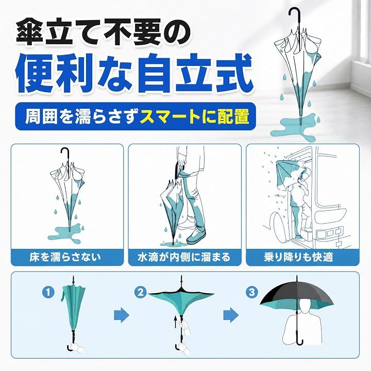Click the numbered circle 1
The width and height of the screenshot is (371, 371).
click(48, 293)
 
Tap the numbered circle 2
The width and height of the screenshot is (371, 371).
click(141, 293)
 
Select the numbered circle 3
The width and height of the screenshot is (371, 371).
click(252, 292)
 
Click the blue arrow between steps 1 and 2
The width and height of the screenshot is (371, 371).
click(122, 315)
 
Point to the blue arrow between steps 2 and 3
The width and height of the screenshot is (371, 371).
click(231, 315)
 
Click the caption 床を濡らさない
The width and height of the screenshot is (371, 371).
click(65, 257)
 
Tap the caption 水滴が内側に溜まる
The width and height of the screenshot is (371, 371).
click(184, 257)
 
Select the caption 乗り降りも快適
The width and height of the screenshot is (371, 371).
click(298, 257)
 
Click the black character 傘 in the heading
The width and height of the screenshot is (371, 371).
click(30, 32)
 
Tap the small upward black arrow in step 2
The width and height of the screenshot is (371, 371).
click(175, 321)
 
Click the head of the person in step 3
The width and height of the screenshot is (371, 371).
click(305, 307)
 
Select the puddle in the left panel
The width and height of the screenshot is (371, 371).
click(64, 234)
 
